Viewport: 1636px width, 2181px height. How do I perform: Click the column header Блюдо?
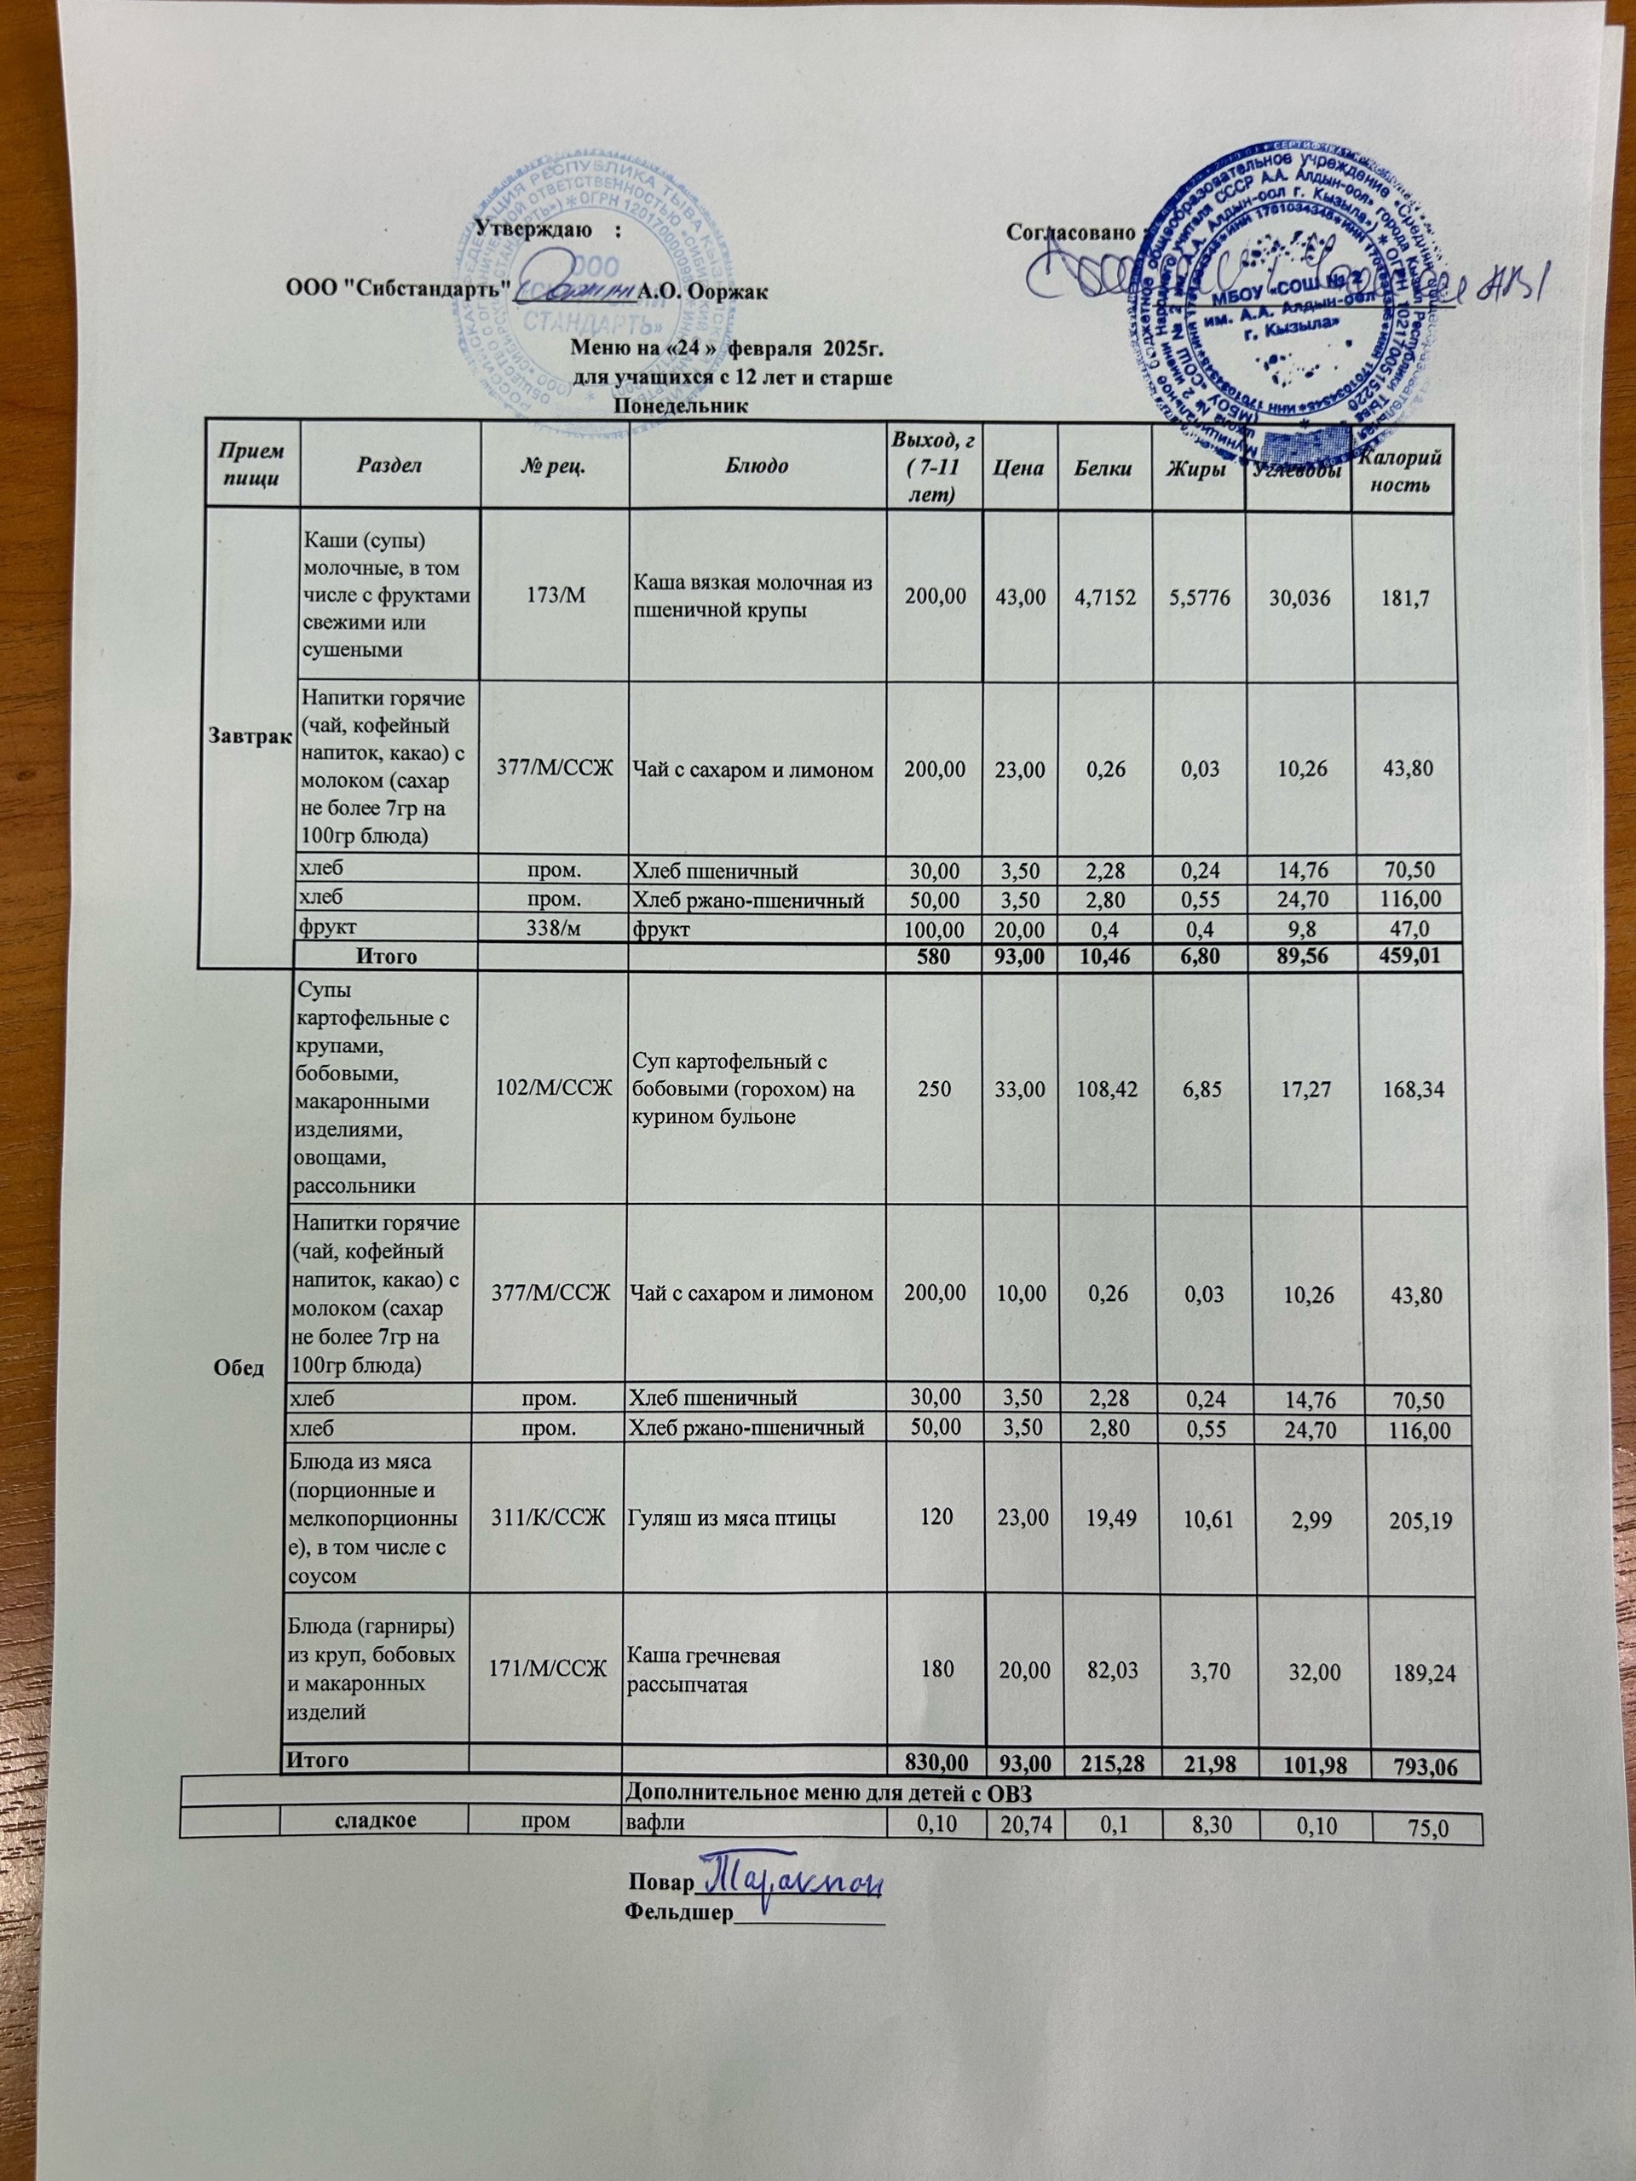click(757, 464)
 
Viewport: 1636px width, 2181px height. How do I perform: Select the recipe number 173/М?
click(553, 596)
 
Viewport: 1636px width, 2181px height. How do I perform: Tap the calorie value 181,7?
click(1405, 596)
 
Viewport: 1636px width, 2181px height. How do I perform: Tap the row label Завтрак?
click(247, 738)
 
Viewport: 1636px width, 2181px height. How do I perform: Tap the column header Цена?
click(1020, 464)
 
